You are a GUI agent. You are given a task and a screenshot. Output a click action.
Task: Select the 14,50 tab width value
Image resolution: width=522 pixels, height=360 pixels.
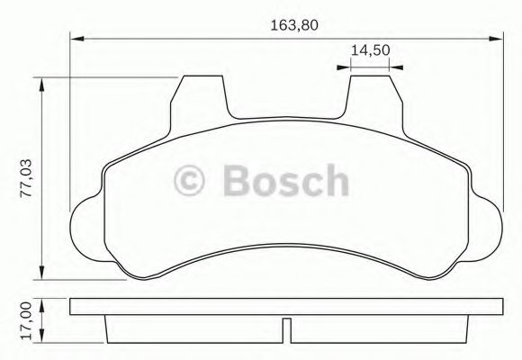pyautogui.click(x=369, y=50)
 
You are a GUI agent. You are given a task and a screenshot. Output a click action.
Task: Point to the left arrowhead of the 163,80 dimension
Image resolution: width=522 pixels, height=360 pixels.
pyautogui.click(x=76, y=39)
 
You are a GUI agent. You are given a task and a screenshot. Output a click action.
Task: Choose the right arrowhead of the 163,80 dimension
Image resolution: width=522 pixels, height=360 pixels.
pyautogui.click(x=498, y=39)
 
